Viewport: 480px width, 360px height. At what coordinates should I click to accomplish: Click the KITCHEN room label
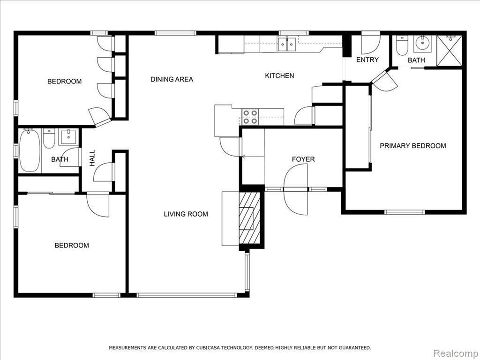[x=279, y=75]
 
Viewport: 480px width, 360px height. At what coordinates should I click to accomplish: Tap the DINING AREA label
[x=172, y=79]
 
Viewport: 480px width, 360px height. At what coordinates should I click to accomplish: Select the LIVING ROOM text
[x=186, y=214]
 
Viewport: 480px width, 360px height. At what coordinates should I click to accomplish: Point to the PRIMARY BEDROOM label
[x=412, y=146]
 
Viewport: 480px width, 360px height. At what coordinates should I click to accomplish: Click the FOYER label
[x=303, y=159]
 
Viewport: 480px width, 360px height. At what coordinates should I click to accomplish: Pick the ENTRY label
[x=367, y=60]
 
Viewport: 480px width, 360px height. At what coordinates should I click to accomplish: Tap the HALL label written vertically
[x=92, y=158]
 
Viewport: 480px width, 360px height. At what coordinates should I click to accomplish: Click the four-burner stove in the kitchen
[x=250, y=117]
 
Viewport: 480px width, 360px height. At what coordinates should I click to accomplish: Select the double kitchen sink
[x=287, y=44]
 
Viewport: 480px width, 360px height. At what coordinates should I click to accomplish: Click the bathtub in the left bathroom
[x=30, y=150]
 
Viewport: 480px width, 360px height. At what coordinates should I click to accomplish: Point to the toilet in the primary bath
[x=402, y=45]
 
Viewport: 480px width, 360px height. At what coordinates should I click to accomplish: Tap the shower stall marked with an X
[x=449, y=51]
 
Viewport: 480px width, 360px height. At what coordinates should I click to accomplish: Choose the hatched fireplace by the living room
[x=250, y=218]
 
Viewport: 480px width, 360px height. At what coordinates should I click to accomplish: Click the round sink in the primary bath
[x=423, y=44]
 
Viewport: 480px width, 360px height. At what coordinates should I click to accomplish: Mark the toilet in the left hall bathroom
[x=49, y=138]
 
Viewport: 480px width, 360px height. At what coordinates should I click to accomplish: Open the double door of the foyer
[x=295, y=189]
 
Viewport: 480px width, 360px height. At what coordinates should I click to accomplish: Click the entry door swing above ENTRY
[x=371, y=43]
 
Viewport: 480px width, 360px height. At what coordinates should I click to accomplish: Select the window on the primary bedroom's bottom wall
[x=405, y=212]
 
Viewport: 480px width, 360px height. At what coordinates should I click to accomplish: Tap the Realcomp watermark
[x=456, y=353]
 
